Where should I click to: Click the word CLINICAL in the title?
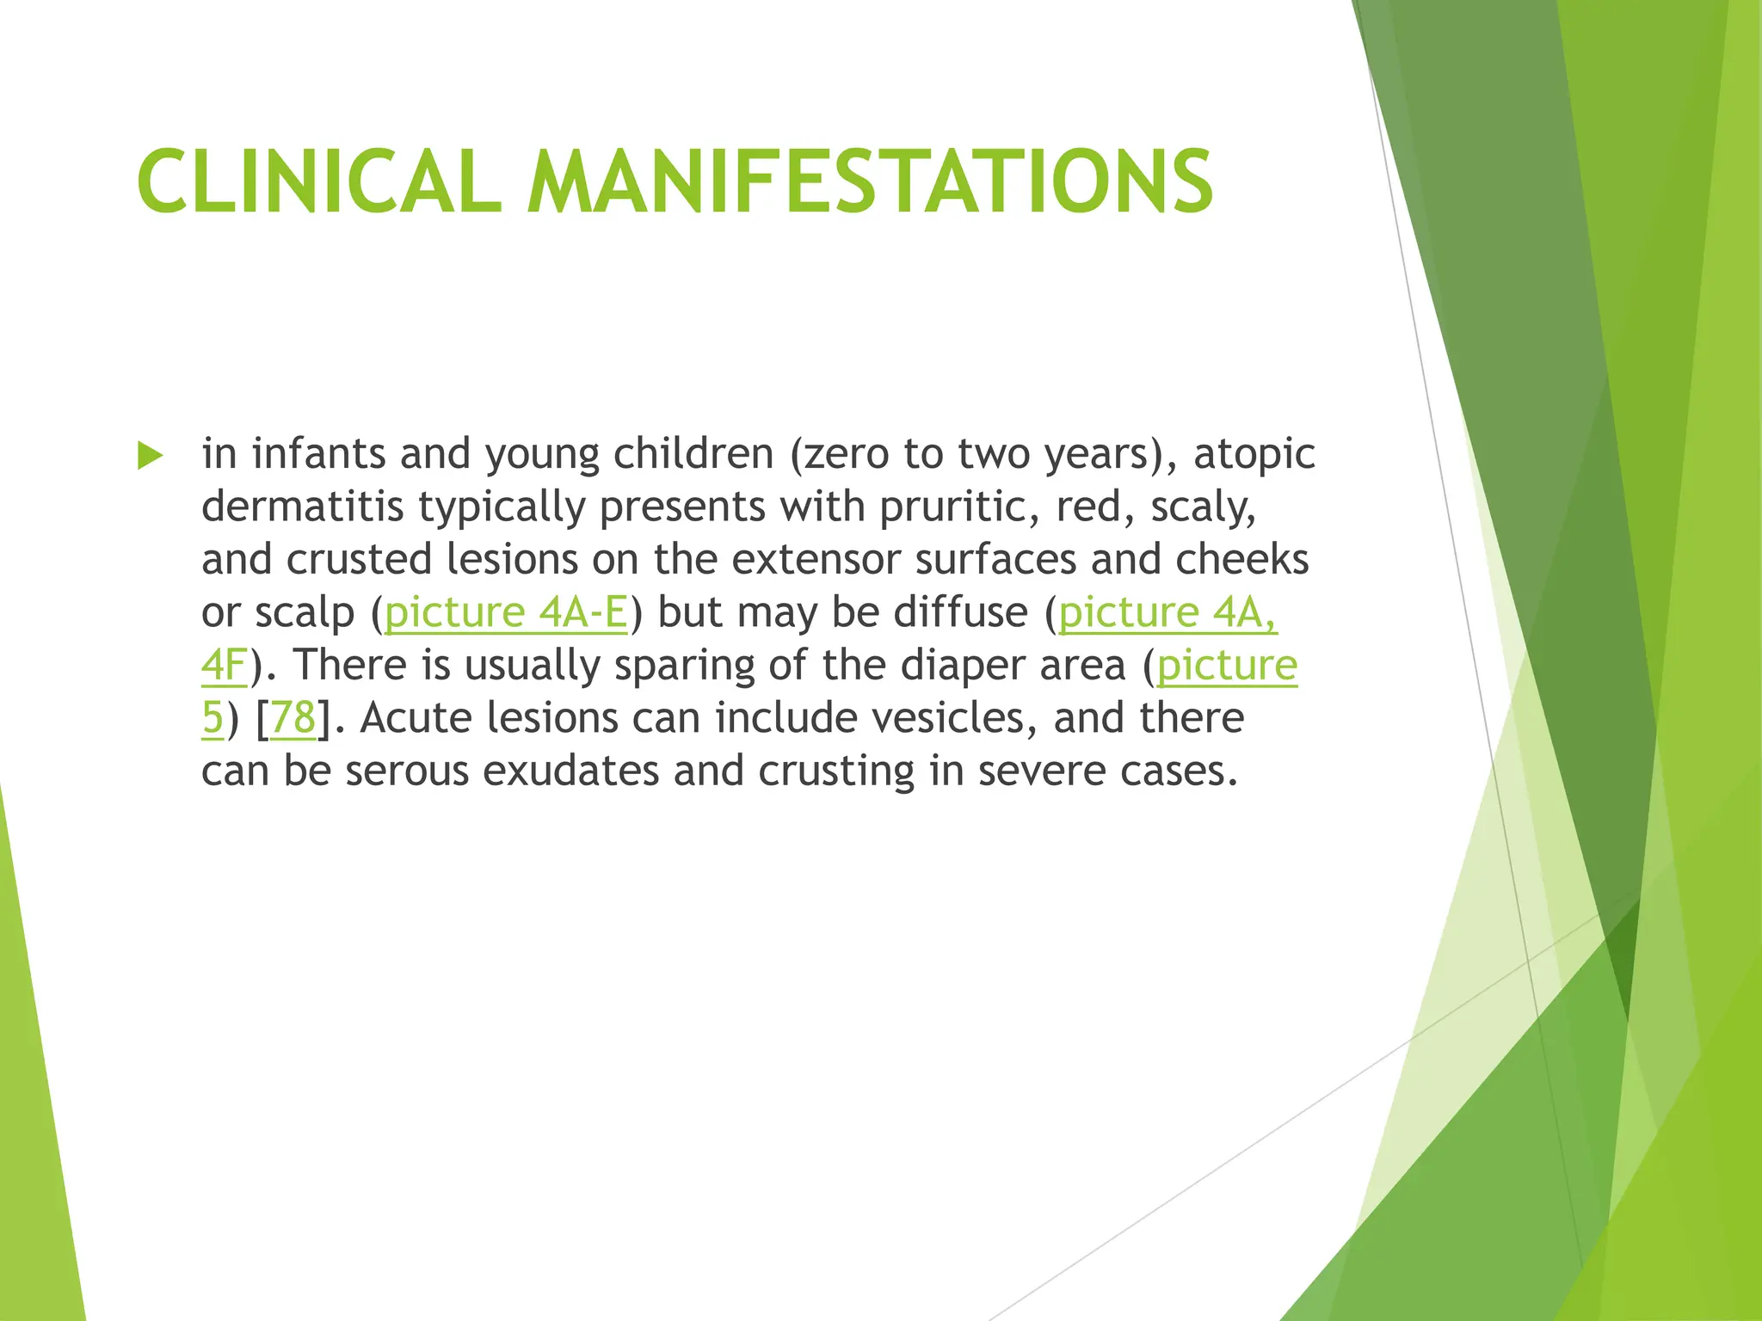pos(318,181)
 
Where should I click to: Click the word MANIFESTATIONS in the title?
pos(870,181)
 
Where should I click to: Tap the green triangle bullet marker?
pos(150,456)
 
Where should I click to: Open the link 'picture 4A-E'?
pos(506,612)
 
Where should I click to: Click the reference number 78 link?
pos(293,718)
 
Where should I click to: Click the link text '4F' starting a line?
pos(224,666)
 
